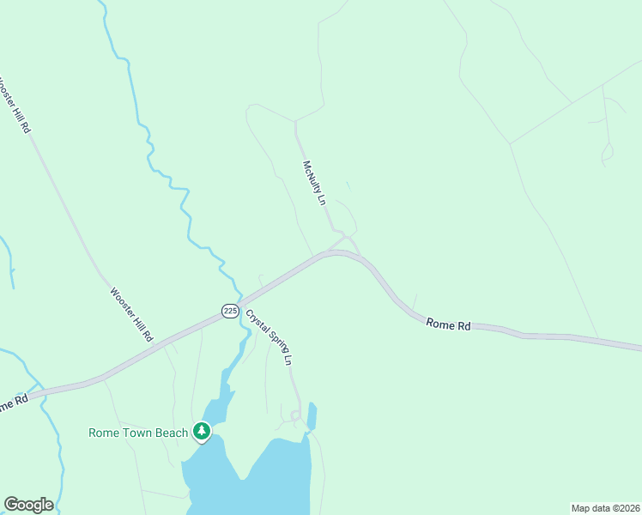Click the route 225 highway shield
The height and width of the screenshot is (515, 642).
point(230,311)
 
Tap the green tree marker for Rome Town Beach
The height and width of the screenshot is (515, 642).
point(202,431)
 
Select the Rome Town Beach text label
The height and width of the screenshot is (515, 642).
point(137,433)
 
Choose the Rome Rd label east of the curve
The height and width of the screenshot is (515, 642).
point(449,325)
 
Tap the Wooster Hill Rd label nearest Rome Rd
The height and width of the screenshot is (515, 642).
point(131,314)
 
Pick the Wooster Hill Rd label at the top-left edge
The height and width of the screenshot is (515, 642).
point(15,103)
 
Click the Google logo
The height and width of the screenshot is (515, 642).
point(28,504)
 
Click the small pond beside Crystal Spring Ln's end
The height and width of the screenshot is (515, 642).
point(312,415)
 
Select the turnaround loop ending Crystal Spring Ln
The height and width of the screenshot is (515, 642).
point(295,416)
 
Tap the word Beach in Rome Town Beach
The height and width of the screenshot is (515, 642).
point(172,433)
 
